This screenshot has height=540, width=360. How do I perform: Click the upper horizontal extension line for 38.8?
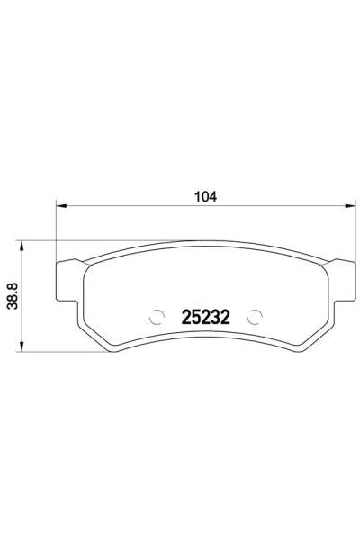click(40, 240)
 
